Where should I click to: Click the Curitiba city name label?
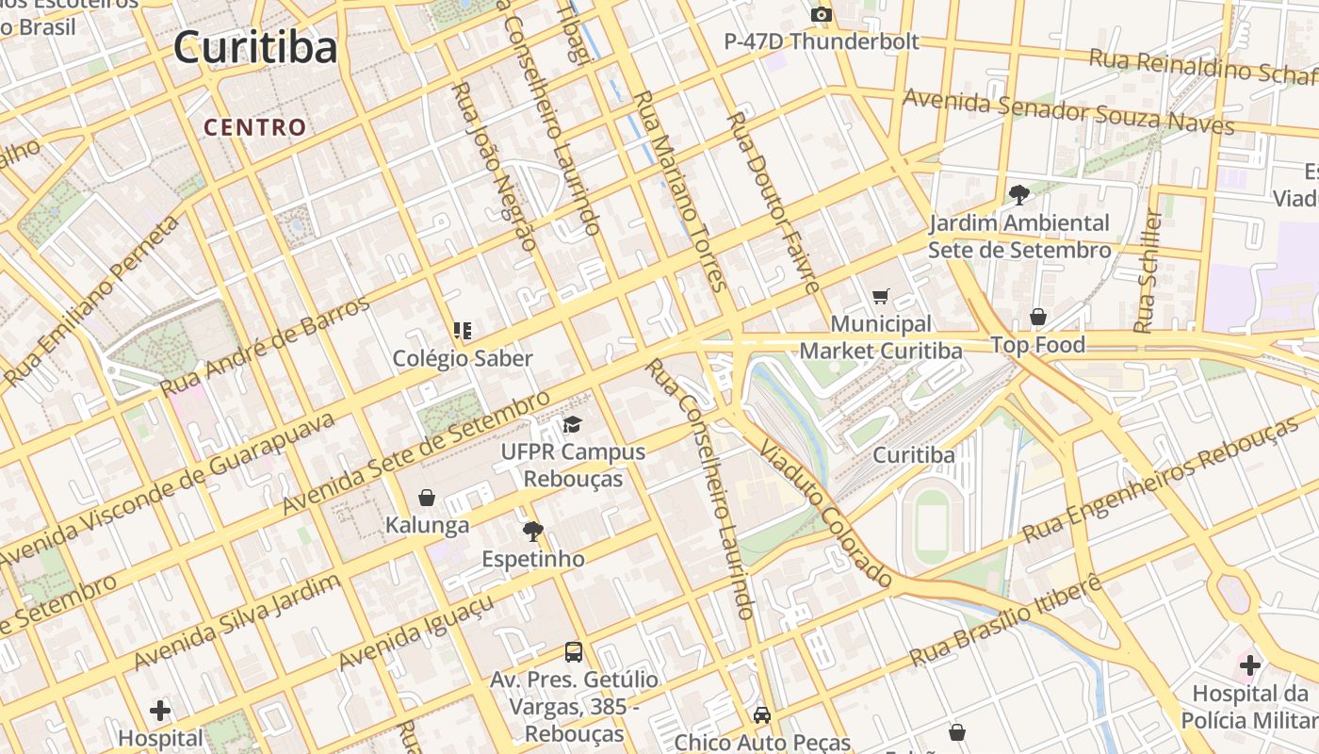click(x=255, y=47)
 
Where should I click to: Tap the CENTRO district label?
click(x=255, y=127)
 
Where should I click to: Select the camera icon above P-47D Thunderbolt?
click(x=822, y=14)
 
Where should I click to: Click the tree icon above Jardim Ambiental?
click(x=1018, y=195)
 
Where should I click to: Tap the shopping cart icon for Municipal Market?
click(x=881, y=297)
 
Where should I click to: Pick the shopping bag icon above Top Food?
click(x=1037, y=317)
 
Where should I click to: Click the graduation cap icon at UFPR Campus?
click(x=573, y=424)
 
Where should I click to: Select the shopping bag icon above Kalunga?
click(x=427, y=498)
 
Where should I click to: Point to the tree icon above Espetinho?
click(x=533, y=532)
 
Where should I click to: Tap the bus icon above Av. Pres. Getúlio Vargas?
click(x=573, y=651)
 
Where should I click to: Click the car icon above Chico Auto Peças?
click(x=762, y=715)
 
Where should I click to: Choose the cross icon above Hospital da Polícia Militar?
click(x=1250, y=666)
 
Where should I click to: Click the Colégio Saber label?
click(x=463, y=358)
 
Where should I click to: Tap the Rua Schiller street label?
click(x=1147, y=270)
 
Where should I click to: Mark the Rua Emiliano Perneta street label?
click(x=92, y=301)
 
